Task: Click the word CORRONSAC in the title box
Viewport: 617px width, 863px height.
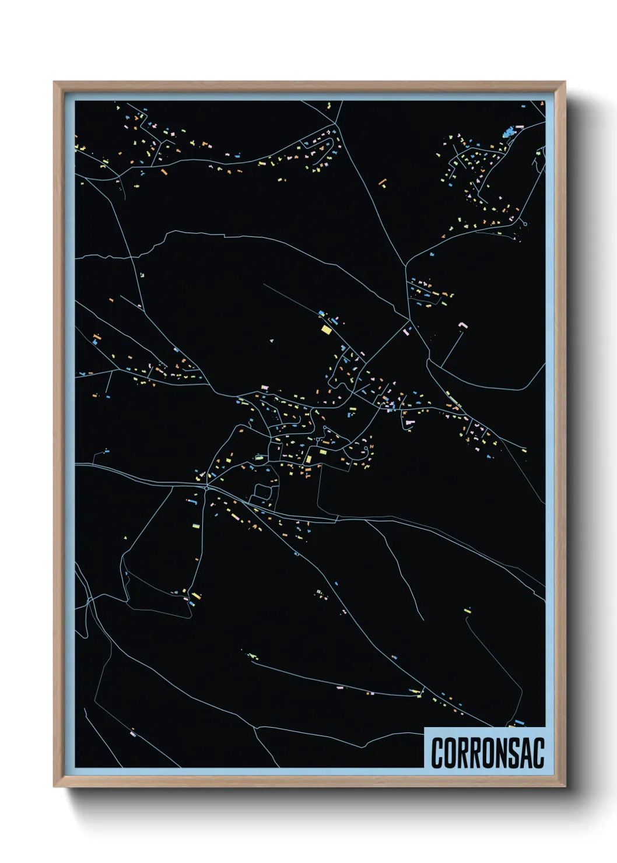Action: coord(488,752)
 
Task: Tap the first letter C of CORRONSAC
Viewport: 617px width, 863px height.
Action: coord(437,752)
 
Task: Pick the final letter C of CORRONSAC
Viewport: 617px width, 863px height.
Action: coord(538,752)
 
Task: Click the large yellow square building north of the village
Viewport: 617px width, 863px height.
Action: coord(326,329)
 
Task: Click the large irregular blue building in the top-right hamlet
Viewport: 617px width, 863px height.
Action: coord(509,132)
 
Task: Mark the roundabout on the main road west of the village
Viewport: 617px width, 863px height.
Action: coord(206,487)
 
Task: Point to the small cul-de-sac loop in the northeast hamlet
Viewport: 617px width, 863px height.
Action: coord(525,223)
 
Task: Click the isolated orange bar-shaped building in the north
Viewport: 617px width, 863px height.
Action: coord(383,182)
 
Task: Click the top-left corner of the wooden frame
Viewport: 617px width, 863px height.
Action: coord(54,82)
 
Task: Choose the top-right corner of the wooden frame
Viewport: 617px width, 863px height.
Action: coord(565,82)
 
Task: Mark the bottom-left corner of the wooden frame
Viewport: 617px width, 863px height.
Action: coord(54,787)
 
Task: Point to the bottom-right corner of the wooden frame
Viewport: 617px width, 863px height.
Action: coord(565,787)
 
